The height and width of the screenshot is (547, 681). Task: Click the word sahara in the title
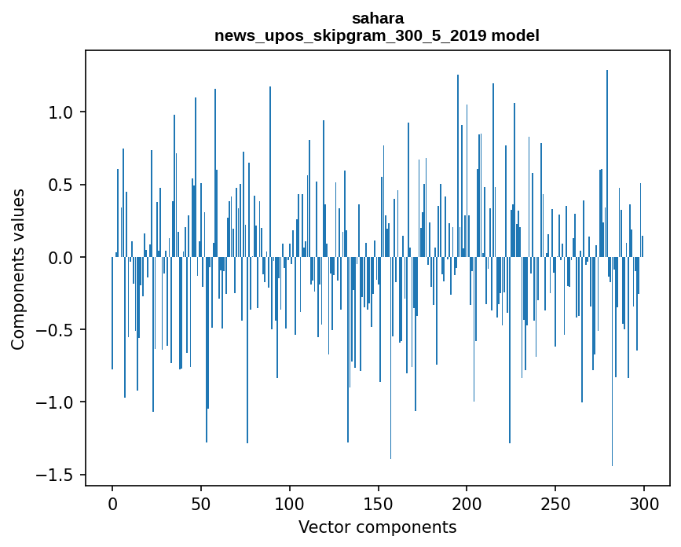click(377, 18)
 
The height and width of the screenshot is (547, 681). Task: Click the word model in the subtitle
click(514, 35)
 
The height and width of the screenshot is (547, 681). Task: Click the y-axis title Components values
click(18, 269)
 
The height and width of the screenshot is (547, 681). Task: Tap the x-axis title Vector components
click(377, 527)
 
